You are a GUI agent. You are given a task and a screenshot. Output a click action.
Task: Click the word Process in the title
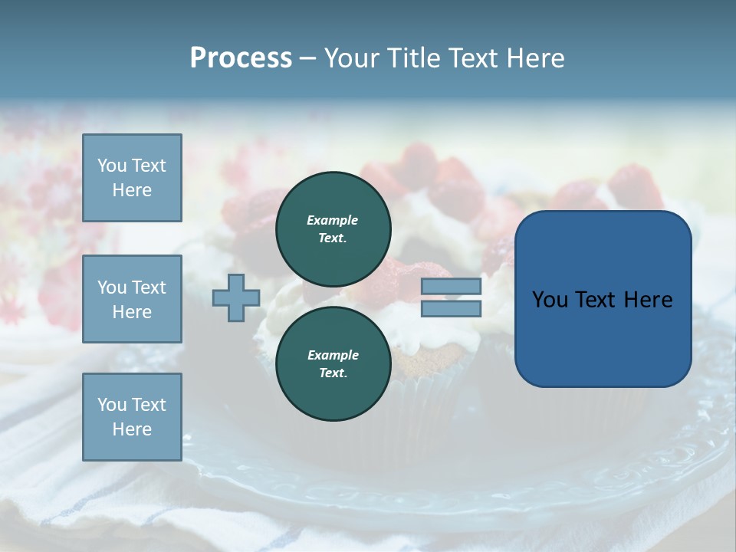point(241,58)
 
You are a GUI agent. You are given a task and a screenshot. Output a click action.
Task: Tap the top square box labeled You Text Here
point(132,178)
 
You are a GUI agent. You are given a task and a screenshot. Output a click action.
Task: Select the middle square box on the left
point(132,299)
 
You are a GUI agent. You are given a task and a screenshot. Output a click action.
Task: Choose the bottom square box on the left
point(132,417)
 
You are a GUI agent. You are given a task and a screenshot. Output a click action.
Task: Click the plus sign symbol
point(236,298)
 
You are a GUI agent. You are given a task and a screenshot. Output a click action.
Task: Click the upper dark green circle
point(333,228)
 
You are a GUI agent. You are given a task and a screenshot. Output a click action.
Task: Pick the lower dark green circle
point(333,363)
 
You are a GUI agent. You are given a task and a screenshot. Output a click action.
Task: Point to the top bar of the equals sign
point(451,287)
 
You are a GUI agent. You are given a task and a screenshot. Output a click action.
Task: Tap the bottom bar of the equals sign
point(451,309)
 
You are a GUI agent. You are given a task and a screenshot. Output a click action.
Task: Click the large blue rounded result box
point(603,330)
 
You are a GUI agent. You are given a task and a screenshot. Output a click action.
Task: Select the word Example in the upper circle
point(333,220)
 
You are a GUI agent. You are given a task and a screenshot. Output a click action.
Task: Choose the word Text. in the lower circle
point(333,373)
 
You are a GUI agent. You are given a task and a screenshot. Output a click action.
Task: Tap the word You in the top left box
point(112,166)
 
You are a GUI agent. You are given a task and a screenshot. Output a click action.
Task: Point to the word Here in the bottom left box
point(132,429)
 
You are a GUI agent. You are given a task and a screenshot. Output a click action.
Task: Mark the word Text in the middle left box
point(149,287)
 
